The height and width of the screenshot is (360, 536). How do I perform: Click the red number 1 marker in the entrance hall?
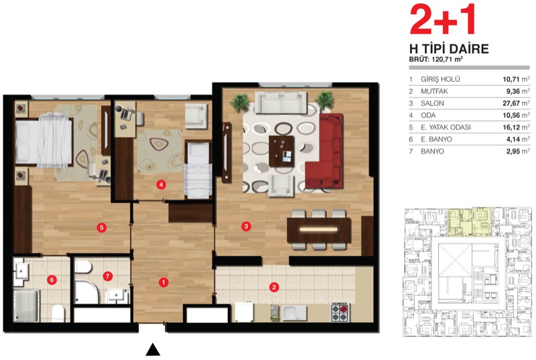tap(163, 282)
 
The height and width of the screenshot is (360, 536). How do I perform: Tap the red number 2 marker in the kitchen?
tap(274, 287)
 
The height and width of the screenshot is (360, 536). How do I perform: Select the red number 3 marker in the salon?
tap(246, 226)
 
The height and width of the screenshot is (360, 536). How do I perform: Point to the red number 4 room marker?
tap(161, 185)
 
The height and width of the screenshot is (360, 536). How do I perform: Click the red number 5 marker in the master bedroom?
tap(101, 227)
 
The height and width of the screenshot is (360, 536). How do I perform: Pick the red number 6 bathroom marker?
tap(52, 280)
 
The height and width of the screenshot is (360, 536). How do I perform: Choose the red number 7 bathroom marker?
tap(108, 276)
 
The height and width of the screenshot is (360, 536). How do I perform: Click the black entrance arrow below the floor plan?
tap(153, 350)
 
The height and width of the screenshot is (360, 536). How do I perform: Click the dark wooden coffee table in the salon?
tap(281, 151)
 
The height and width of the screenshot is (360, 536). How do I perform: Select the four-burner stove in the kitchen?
tap(340, 312)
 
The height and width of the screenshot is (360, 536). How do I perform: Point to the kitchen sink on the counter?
tap(294, 313)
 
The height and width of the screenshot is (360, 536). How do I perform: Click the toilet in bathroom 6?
tap(58, 313)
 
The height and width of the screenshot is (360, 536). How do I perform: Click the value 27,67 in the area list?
tap(511, 103)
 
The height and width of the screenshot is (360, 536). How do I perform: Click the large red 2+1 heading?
tap(443, 19)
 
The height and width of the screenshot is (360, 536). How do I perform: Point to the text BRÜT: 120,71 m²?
tap(436, 59)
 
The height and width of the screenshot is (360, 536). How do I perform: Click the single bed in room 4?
tap(198, 170)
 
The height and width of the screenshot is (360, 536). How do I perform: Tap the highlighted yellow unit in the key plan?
tap(470, 222)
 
